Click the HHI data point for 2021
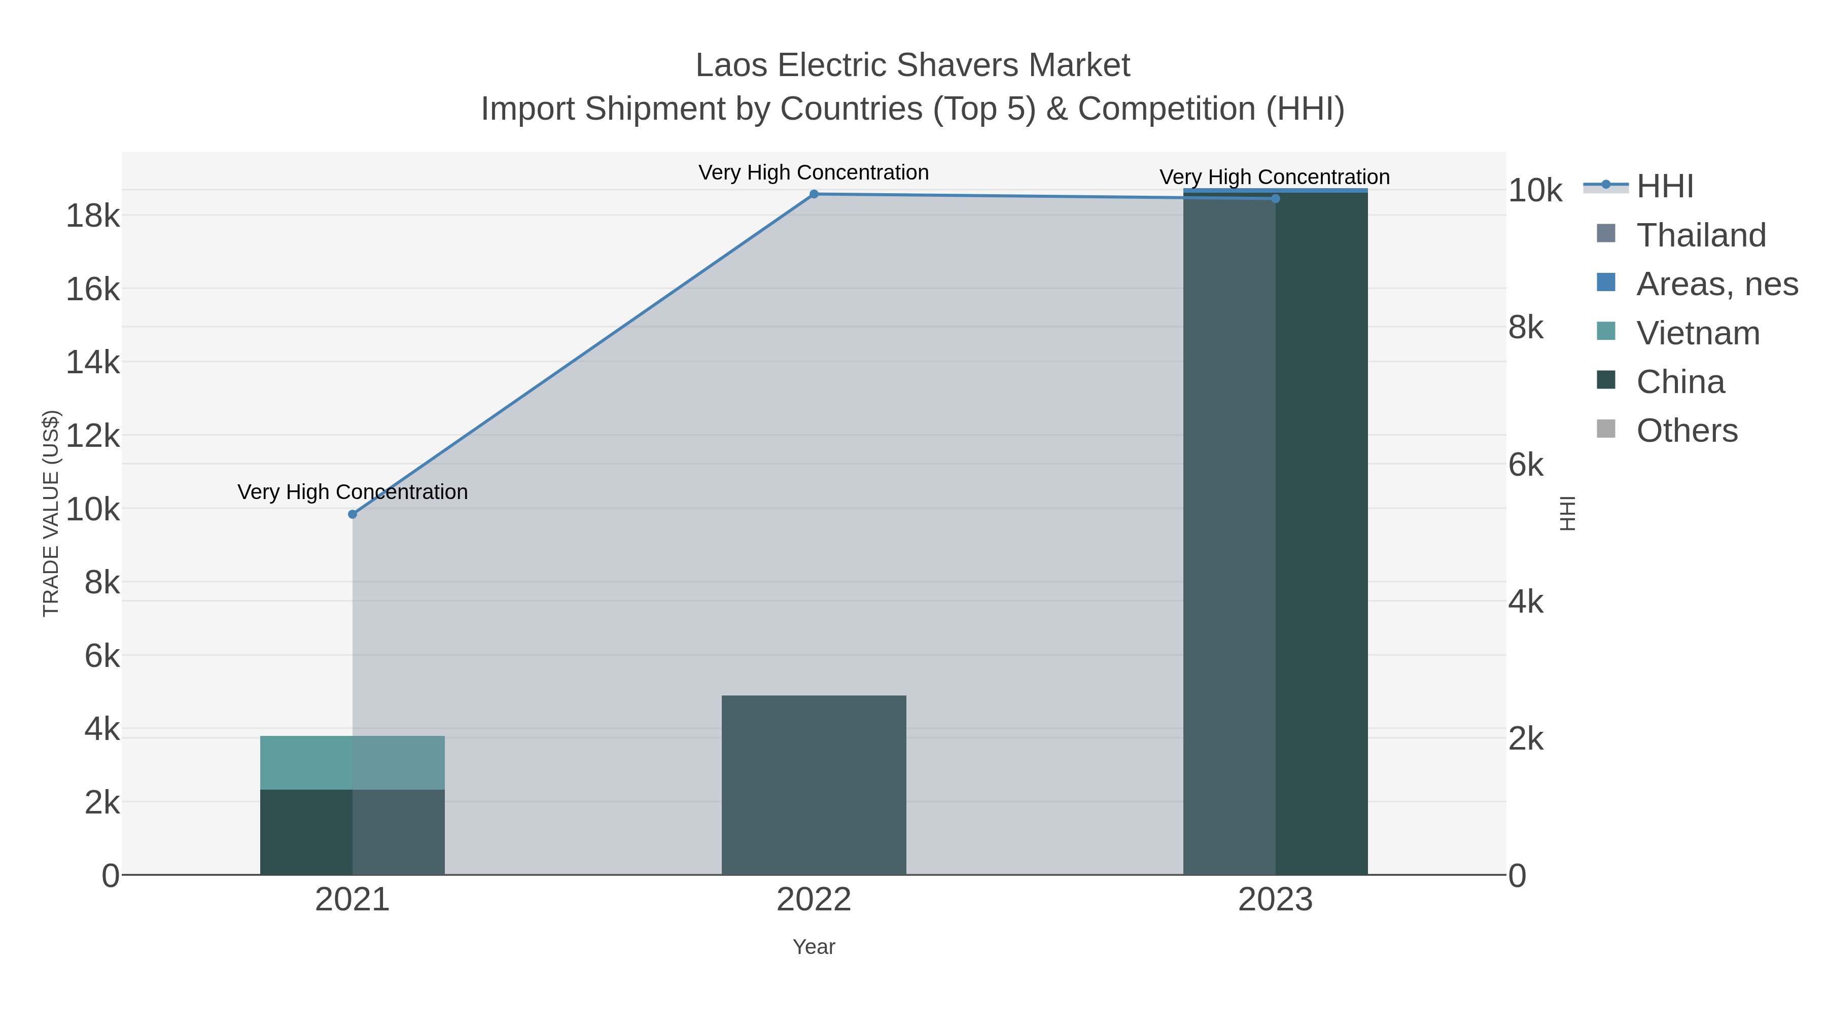(353, 514)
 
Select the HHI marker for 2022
(814, 194)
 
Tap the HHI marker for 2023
(1275, 198)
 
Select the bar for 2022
(814, 785)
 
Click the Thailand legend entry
(1700, 235)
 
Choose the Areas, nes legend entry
(1716, 284)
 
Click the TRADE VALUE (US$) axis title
(51, 513)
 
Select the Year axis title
(814, 947)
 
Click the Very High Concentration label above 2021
(353, 492)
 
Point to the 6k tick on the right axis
(1525, 465)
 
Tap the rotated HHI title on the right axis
(1567, 513)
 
